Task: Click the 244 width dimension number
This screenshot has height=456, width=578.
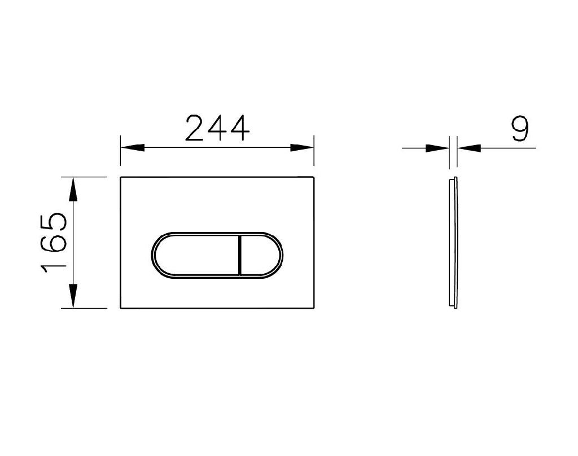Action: tap(217, 128)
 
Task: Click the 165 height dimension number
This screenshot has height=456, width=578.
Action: tap(55, 242)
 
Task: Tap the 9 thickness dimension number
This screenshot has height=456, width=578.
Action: tap(519, 129)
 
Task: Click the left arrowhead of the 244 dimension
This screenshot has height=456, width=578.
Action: tap(132, 148)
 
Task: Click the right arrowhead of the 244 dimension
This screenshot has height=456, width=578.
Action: tap(302, 148)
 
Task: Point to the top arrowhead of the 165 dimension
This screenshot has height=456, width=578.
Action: tap(73, 190)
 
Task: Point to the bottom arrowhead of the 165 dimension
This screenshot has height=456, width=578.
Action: tap(73, 296)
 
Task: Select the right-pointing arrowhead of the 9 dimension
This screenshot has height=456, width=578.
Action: tap(437, 148)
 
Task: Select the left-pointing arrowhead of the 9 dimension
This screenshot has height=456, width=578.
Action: tap(468, 148)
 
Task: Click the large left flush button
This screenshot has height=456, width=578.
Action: tap(195, 255)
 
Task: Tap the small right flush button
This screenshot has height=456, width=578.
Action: tap(260, 255)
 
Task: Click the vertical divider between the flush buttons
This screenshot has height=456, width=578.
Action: tap(240, 255)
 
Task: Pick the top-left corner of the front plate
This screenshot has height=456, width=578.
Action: tap(121, 178)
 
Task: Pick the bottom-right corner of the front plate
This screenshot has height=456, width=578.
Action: tap(313, 308)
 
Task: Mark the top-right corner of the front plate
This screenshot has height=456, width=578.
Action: tap(313, 178)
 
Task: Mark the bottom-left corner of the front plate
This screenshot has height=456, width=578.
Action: tap(121, 308)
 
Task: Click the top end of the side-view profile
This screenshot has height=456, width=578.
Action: tap(453, 179)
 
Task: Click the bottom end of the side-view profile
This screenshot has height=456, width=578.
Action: tap(454, 306)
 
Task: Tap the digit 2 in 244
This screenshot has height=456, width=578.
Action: tap(196, 128)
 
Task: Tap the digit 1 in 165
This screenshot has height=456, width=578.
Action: tap(55, 265)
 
